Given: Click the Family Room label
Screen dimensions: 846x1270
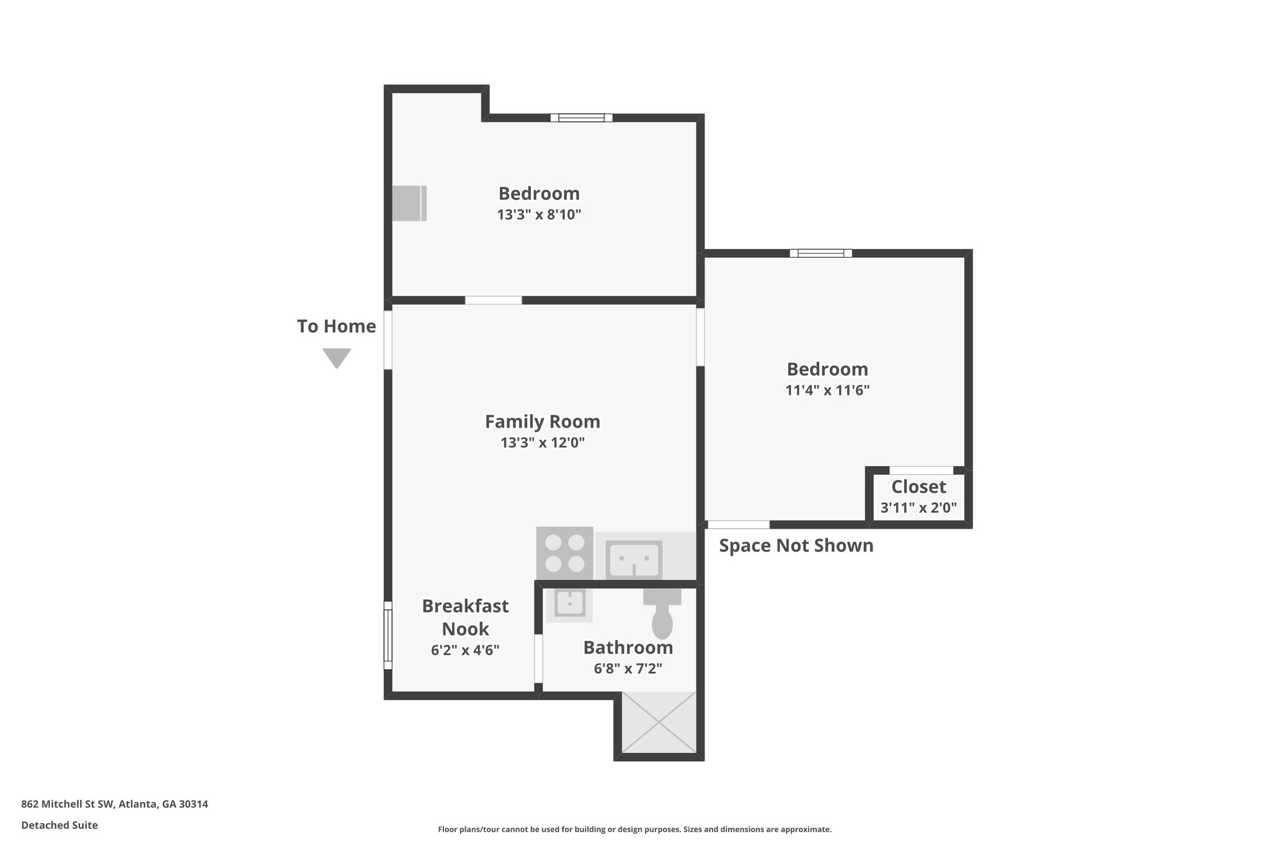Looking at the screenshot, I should (x=542, y=421).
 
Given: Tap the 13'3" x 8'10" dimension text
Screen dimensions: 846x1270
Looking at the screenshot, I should (x=538, y=215).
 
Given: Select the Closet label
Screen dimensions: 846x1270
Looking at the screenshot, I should (x=918, y=487).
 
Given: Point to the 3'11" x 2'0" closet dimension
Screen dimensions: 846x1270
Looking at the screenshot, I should (x=918, y=508).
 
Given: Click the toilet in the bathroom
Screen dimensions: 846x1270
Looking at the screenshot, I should (x=662, y=617).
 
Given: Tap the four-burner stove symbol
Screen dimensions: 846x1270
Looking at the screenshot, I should (x=564, y=553).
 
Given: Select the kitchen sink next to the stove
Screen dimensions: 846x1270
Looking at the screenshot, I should (x=633, y=558).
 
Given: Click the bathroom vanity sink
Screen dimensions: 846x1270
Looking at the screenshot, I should (x=569, y=604).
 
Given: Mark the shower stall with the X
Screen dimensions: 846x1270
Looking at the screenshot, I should (x=659, y=723).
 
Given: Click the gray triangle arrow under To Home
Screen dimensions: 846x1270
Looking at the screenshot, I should (x=337, y=358).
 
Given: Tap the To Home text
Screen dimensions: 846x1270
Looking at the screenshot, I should (x=336, y=327).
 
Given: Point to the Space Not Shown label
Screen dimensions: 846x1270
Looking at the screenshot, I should (x=796, y=546).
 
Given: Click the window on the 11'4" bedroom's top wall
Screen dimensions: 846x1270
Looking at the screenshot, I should (x=820, y=253).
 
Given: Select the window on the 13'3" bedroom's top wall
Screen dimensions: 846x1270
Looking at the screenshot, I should (x=581, y=118).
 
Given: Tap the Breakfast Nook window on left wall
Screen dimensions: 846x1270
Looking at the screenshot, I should (x=388, y=635).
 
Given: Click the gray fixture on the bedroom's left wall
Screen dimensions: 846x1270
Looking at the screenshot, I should (x=409, y=203).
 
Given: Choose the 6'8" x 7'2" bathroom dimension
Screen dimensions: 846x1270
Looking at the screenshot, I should (x=628, y=669).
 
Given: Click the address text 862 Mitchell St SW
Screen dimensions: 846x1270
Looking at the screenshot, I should (x=114, y=804).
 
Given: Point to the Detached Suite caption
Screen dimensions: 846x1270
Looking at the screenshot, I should (x=60, y=826).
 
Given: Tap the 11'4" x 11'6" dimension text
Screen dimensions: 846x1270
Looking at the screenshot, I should (x=827, y=390).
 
